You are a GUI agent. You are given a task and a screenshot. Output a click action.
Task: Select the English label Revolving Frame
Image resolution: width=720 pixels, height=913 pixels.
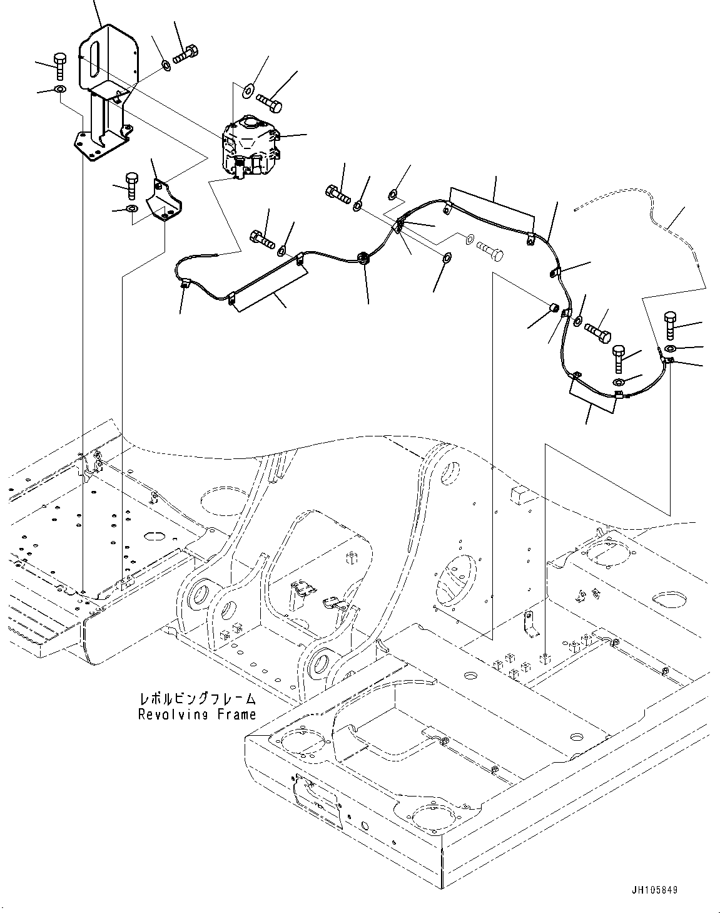pyautogui.click(x=198, y=714)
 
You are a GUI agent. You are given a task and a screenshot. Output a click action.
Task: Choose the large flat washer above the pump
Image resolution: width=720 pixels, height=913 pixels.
pyautogui.click(x=247, y=89)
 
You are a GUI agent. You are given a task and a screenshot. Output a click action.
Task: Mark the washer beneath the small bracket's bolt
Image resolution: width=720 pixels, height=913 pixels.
pyautogui.click(x=132, y=209)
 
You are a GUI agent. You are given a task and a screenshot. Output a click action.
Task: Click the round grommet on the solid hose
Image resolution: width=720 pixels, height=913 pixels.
pyautogui.click(x=363, y=257)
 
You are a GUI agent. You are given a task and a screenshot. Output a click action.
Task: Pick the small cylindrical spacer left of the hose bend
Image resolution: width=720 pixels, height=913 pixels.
pyautogui.click(x=553, y=309)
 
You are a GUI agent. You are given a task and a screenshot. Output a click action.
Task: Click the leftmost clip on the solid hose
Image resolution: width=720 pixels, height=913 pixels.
pyautogui.click(x=185, y=286)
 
